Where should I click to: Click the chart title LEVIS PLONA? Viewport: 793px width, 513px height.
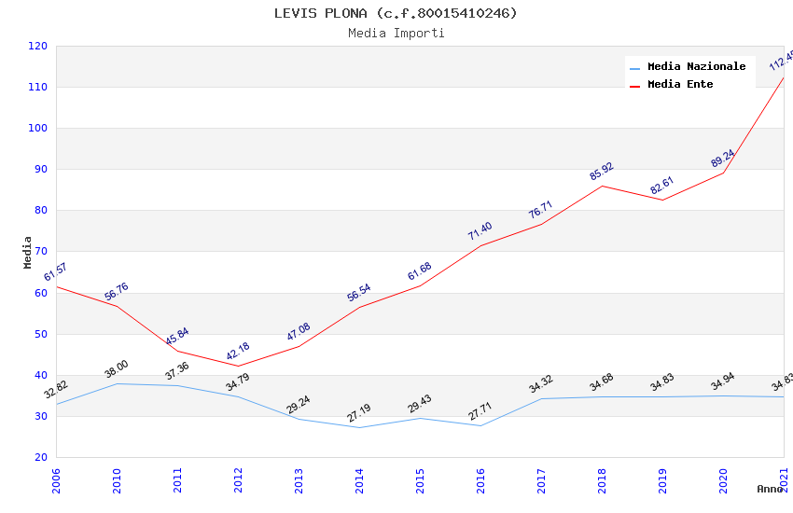[x=396, y=13]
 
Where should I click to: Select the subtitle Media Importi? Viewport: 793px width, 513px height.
[x=396, y=34]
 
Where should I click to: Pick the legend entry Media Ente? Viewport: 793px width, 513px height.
[x=680, y=85]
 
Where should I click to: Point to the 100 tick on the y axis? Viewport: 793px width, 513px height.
[x=38, y=129]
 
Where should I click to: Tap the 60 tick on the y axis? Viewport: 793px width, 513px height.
[x=38, y=293]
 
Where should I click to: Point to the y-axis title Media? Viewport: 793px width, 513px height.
[x=28, y=252]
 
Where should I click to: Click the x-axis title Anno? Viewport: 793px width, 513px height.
[x=770, y=489]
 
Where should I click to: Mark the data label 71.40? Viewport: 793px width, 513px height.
[x=480, y=231]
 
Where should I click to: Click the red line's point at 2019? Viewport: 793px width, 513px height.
[x=662, y=200]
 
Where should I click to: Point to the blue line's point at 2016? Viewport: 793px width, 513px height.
[x=480, y=425]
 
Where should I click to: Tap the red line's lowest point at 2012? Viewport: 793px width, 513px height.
[x=238, y=366]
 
